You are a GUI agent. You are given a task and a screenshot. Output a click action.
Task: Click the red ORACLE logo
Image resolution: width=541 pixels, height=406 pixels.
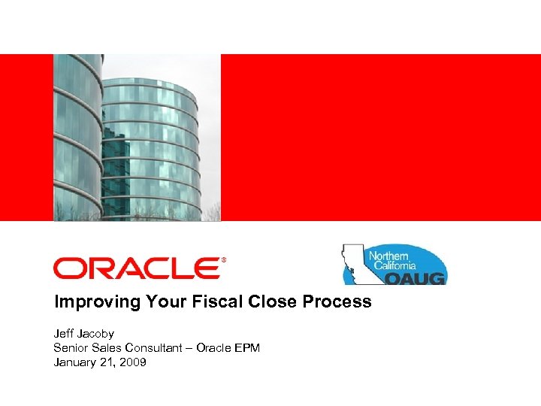click(x=135, y=268)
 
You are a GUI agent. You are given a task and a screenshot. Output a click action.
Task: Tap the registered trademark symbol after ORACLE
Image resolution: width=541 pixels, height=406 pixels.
click(x=223, y=260)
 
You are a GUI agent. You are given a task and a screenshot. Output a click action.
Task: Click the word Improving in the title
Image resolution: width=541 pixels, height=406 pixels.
click(x=87, y=302)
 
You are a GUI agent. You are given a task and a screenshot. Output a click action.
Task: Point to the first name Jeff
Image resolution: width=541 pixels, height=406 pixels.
click(x=64, y=333)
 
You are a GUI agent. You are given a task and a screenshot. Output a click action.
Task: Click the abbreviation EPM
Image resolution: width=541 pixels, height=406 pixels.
click(x=246, y=347)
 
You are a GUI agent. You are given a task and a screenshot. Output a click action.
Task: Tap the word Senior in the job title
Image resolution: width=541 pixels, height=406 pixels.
click(x=70, y=347)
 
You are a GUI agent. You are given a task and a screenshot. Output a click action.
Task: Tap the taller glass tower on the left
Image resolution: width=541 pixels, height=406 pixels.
click(x=77, y=135)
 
